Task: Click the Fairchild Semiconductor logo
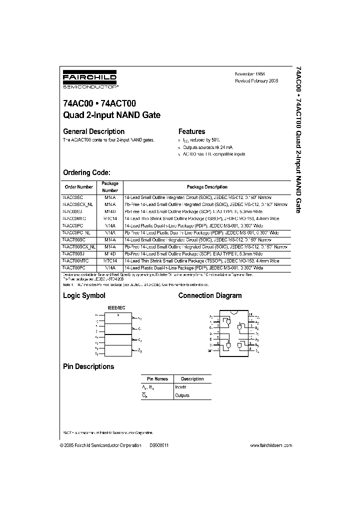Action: click(x=89, y=80)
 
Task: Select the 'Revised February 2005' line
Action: click(x=256, y=80)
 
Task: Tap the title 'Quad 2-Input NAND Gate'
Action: click(x=111, y=115)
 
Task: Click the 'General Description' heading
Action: click(x=93, y=131)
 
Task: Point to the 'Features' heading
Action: click(x=192, y=131)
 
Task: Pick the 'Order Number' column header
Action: click(x=78, y=187)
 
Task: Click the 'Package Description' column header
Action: click(x=207, y=187)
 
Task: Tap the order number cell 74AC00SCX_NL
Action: click(x=78, y=204)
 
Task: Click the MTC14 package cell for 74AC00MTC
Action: click(x=110, y=218)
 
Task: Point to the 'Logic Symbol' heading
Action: click(x=84, y=296)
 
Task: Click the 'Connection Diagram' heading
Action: click(x=210, y=296)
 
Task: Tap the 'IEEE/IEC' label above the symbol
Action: click(x=116, y=309)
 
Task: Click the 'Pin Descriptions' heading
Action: click(x=88, y=366)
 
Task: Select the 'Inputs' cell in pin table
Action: click(x=180, y=387)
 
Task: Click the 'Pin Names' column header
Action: click(x=157, y=379)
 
